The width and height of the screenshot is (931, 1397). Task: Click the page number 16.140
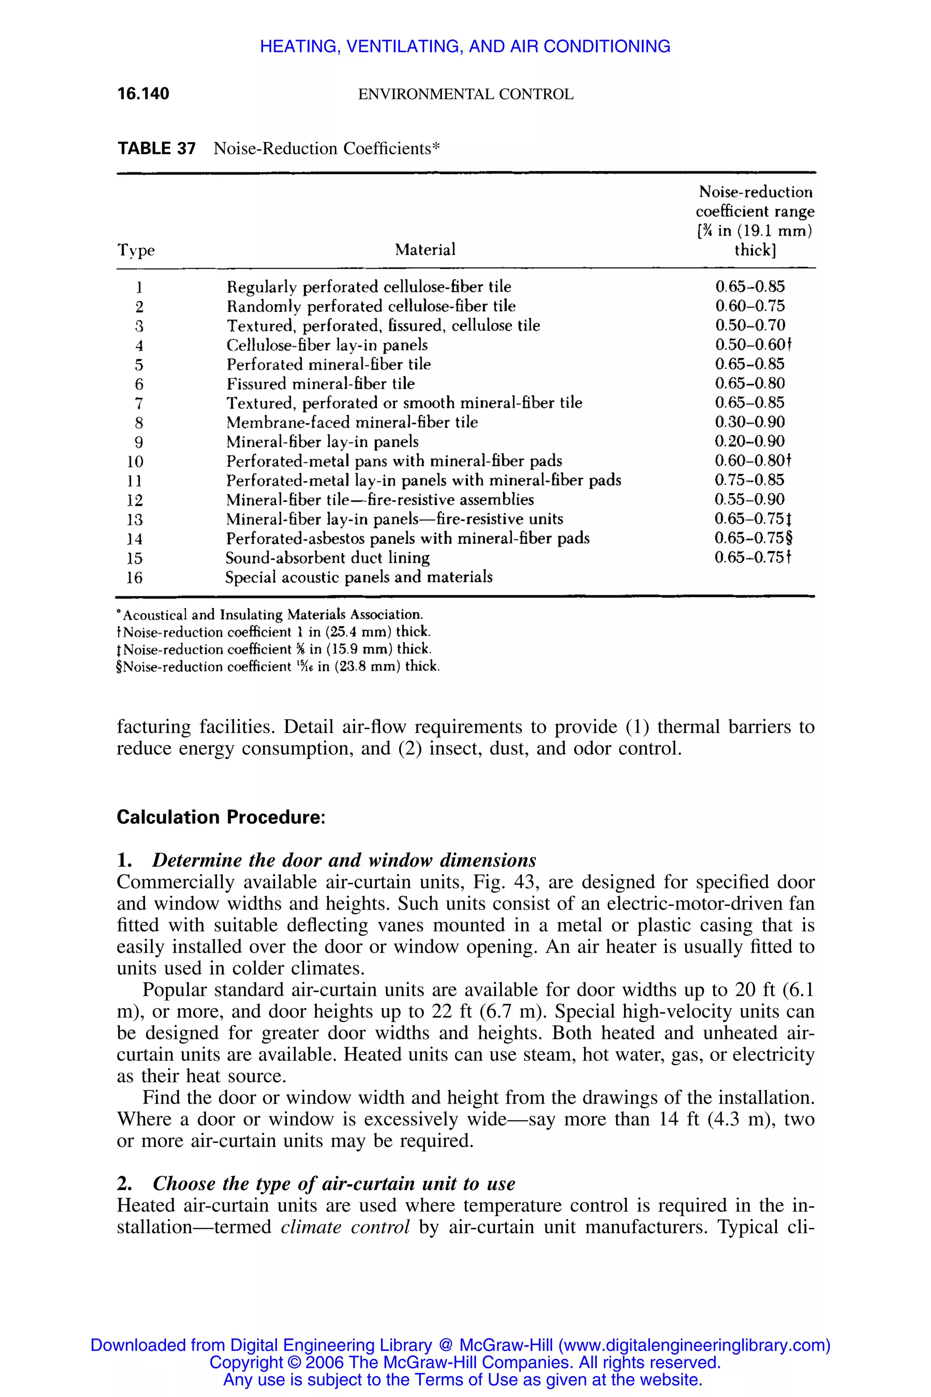pos(143,94)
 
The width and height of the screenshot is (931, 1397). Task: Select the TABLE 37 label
pos(156,149)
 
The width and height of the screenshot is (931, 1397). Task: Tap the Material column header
pos(425,250)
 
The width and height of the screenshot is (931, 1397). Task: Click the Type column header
pos(136,250)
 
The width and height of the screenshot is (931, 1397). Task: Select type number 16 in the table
pos(135,578)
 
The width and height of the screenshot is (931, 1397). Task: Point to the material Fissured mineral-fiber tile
pos(320,384)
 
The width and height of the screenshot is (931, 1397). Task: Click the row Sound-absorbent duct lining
pos(328,558)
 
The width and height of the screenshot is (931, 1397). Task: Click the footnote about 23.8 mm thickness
pos(278,666)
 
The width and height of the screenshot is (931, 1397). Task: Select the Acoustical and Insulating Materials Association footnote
pos(270,614)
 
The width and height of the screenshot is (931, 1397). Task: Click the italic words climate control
pos(345,1226)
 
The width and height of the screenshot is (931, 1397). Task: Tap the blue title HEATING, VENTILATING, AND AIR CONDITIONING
pos(465,46)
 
